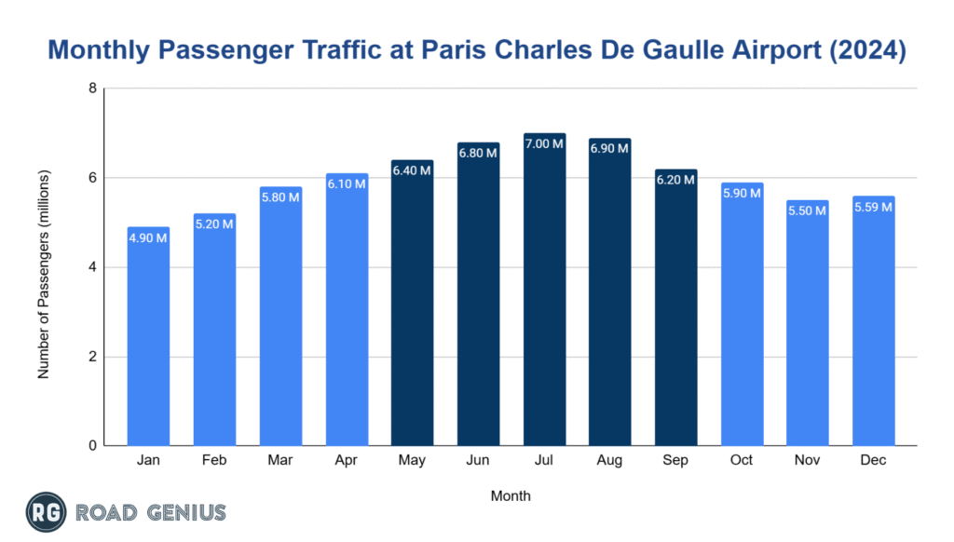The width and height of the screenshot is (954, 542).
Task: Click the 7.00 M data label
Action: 544,143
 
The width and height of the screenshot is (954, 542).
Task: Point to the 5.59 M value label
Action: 874,207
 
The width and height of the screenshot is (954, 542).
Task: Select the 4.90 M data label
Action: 148,237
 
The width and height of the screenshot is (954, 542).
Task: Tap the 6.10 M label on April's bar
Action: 347,184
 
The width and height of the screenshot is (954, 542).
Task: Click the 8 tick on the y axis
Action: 92,89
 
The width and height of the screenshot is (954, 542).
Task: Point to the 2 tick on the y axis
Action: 92,357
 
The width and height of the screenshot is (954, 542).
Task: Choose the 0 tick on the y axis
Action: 92,446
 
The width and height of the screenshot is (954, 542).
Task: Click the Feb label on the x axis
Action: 214,461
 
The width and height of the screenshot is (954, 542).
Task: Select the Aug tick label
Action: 610,461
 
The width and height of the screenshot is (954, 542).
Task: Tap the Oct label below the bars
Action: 743,461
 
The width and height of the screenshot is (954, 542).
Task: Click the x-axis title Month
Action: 511,496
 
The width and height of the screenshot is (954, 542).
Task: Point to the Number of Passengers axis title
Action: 44,274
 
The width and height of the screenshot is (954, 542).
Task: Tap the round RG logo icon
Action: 45,512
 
